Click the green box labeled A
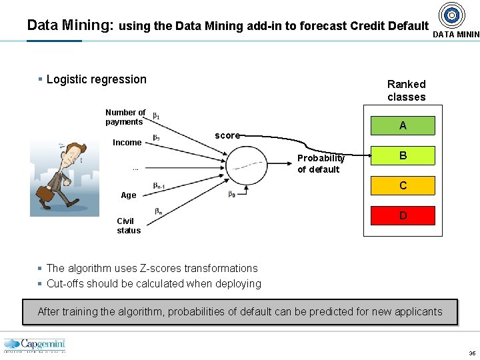click(x=403, y=125)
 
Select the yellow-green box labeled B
click(x=403, y=155)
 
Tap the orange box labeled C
click(x=403, y=185)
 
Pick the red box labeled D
click(x=403, y=215)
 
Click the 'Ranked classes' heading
click(x=406, y=91)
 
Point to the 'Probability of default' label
click(x=321, y=163)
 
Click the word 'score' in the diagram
click(x=227, y=135)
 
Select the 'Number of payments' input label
click(x=125, y=117)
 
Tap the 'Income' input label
click(x=127, y=142)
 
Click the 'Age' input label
click(x=128, y=195)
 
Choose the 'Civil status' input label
click(x=128, y=226)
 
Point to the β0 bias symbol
click(x=231, y=195)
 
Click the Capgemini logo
click(x=35, y=345)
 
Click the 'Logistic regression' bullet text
click(x=96, y=79)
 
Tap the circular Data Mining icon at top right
click(x=453, y=15)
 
